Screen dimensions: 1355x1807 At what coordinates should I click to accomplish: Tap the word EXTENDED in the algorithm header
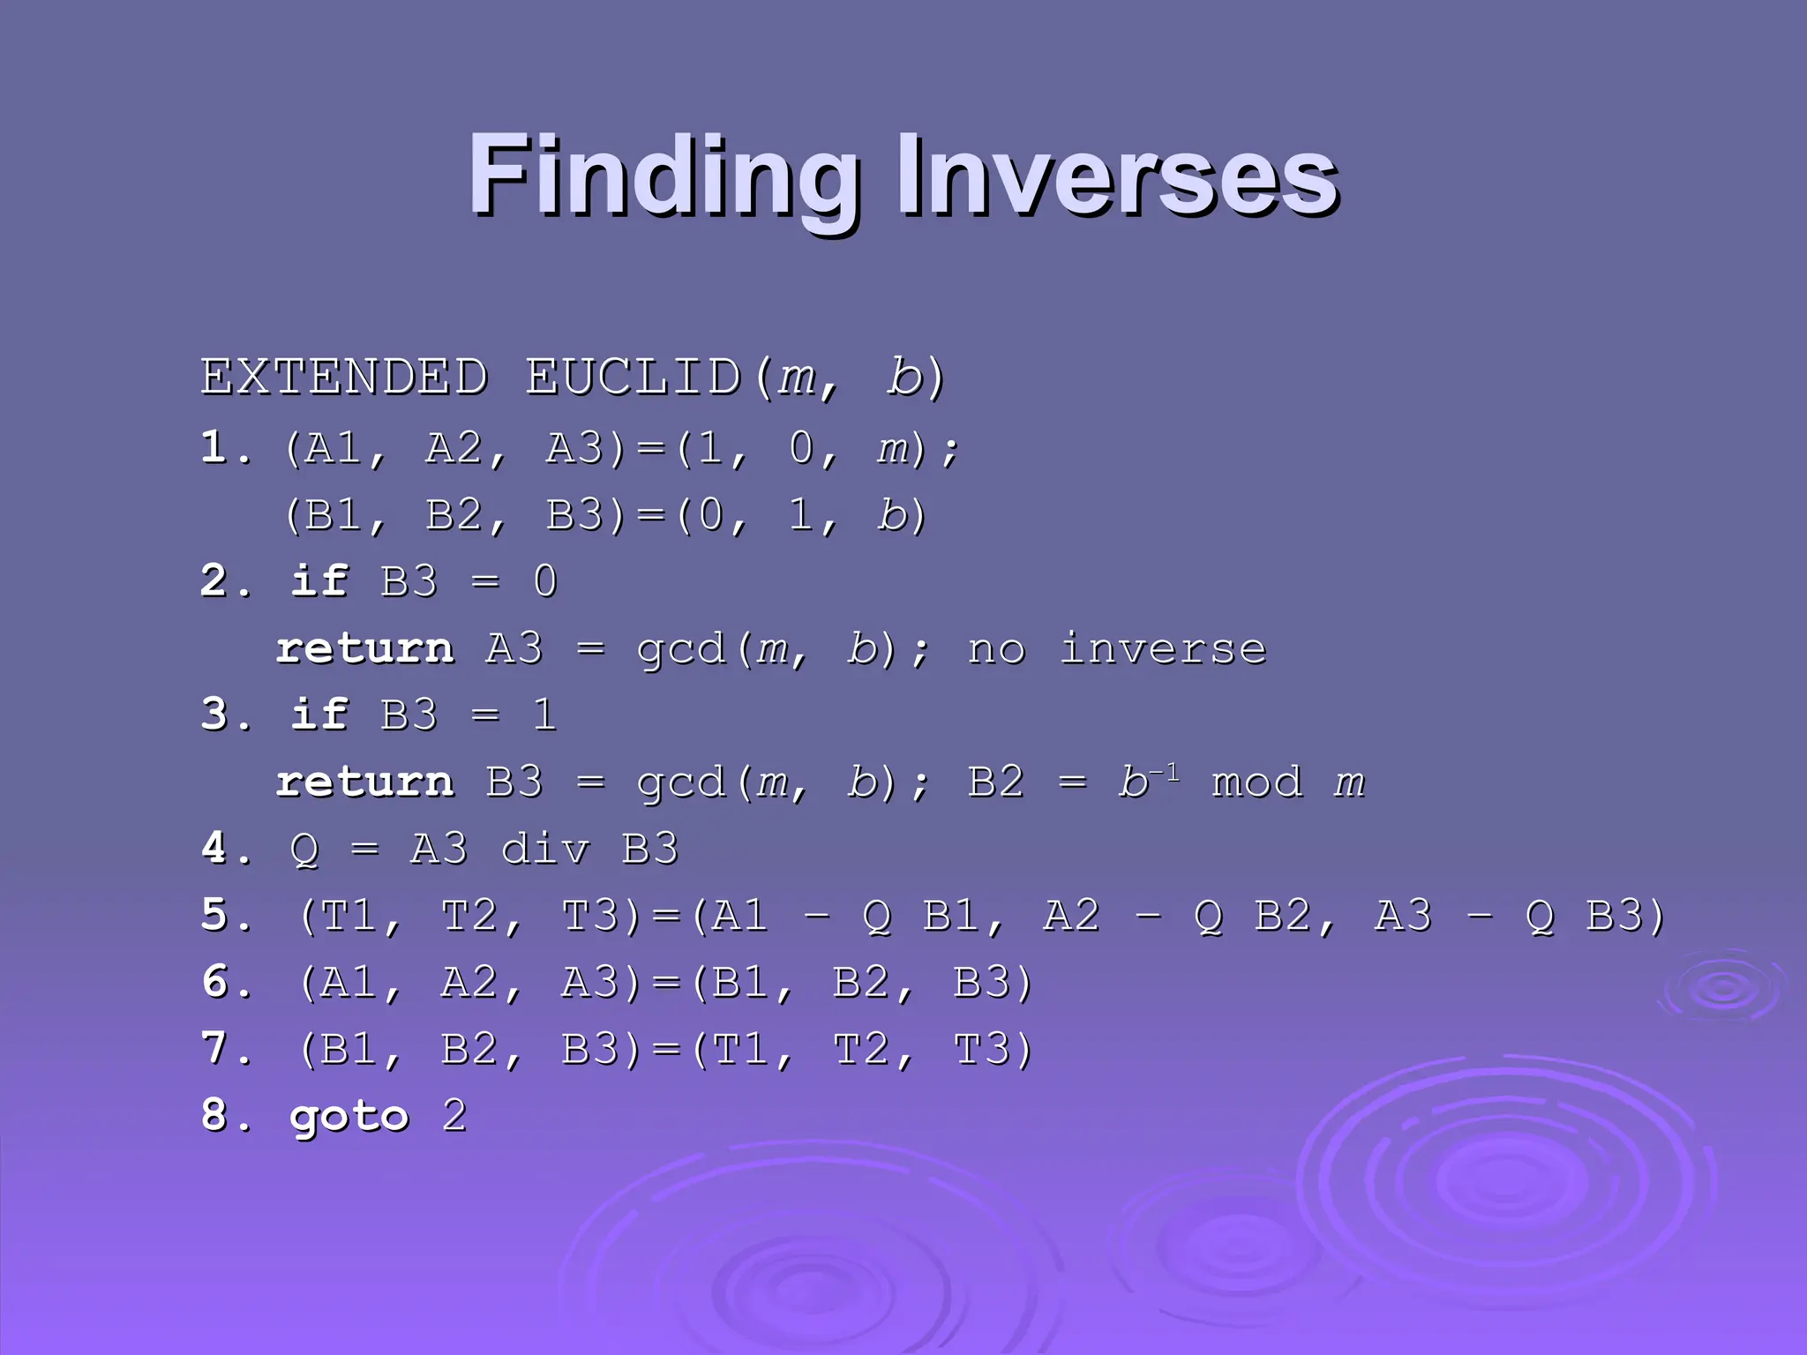[x=344, y=378]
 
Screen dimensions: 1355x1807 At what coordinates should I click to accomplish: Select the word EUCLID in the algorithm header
[x=634, y=378]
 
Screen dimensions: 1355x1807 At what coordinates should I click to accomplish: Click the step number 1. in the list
[x=225, y=448]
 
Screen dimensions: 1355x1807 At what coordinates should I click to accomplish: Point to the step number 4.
[x=225, y=849]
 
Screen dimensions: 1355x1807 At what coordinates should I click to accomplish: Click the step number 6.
[x=225, y=982]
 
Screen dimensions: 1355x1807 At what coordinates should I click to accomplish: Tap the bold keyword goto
[x=349, y=1117]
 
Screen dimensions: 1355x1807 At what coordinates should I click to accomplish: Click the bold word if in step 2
[x=319, y=581]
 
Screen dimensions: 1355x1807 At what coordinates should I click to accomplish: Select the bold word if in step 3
[x=319, y=715]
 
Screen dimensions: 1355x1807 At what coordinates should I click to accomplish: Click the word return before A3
[x=365, y=648]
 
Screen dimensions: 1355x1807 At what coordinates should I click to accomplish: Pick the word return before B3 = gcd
[x=365, y=782]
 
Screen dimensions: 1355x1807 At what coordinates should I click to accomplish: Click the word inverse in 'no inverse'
[x=1163, y=648]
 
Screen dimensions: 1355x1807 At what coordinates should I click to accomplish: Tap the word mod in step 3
[x=1256, y=782]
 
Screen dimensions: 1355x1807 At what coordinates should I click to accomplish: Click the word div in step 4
[x=544, y=849]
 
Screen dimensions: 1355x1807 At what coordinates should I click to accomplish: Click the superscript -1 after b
[x=1165, y=773]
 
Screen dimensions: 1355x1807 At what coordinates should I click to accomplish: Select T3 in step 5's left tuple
[x=589, y=916]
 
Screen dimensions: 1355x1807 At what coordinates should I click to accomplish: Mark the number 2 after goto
[x=454, y=1116]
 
